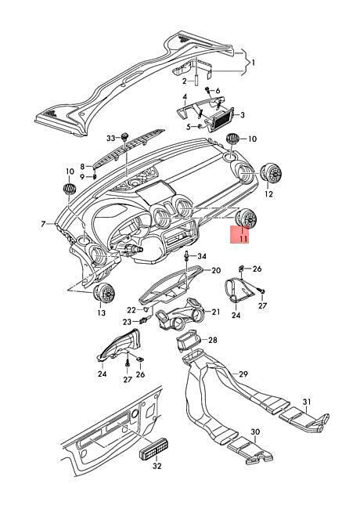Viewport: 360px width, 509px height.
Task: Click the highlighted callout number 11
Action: click(x=243, y=239)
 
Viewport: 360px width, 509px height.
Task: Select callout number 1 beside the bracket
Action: click(x=254, y=62)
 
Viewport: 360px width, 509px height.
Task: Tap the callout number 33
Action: click(x=111, y=139)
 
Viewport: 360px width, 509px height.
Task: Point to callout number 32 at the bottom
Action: click(x=157, y=466)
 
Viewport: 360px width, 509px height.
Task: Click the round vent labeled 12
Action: click(x=271, y=173)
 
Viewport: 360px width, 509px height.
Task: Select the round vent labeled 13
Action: click(x=104, y=293)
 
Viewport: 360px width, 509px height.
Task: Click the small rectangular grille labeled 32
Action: click(x=155, y=449)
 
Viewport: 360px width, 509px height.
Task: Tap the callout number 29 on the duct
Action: click(x=243, y=374)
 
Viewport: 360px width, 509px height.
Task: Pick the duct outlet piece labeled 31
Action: click(x=304, y=418)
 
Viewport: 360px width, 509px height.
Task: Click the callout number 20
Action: click(x=216, y=270)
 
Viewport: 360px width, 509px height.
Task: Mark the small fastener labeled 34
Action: click(x=187, y=255)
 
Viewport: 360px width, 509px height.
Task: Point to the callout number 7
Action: click(x=43, y=224)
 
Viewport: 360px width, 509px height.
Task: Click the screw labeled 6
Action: click(x=207, y=89)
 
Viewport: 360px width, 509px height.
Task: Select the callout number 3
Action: click(x=243, y=114)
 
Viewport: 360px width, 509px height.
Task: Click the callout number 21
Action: click(x=216, y=312)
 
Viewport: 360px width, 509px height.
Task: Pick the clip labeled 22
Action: click(x=146, y=309)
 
